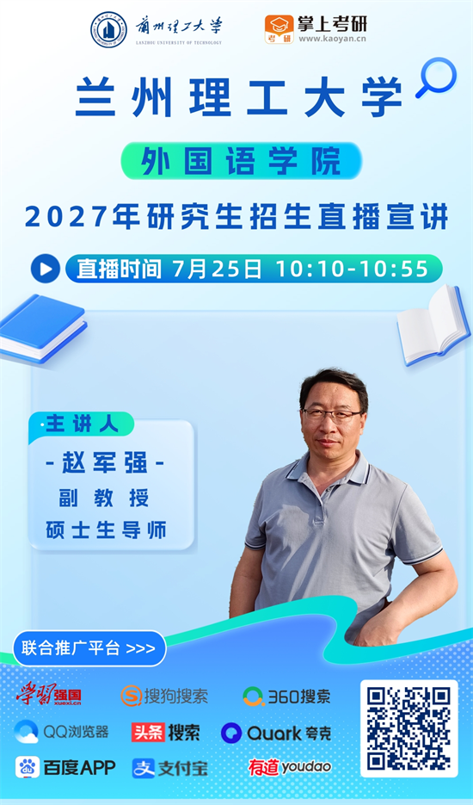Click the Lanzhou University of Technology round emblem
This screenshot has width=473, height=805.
point(108,30)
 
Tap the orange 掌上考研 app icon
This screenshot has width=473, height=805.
point(279,29)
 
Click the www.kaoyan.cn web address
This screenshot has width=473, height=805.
point(333,39)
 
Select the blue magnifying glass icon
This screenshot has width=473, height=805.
point(437,77)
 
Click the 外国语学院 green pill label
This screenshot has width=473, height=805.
point(241,161)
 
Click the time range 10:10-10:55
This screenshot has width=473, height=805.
point(352,269)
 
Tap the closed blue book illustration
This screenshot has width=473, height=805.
point(42,328)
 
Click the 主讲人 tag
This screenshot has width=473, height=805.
point(82,424)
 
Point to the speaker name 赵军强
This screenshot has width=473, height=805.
point(105,463)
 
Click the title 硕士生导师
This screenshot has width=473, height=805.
point(106,530)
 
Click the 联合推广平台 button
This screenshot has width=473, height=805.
point(89,648)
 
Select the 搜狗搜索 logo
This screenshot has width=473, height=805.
point(164,697)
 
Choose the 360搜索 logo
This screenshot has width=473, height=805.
point(286,697)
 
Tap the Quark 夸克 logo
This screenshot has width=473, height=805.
point(276,733)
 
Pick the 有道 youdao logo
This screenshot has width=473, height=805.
point(290,767)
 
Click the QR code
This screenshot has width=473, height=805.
point(408,728)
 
